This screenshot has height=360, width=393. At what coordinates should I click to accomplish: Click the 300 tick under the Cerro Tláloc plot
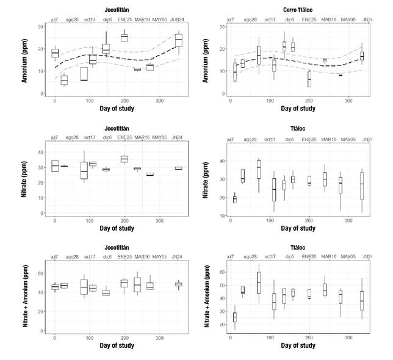point(348,100)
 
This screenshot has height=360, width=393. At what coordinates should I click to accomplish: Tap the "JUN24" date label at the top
point(178,20)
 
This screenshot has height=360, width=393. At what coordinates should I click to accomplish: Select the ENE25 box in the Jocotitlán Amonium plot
point(124,38)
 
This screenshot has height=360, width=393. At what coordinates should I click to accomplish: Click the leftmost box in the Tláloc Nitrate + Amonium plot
point(235,317)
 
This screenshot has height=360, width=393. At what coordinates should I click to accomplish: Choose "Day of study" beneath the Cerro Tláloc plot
point(298,109)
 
